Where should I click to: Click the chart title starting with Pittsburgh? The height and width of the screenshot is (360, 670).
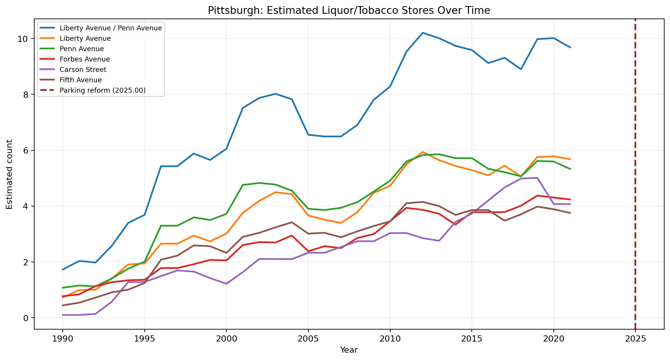coord(349,10)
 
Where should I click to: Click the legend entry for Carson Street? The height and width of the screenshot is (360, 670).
coord(83,70)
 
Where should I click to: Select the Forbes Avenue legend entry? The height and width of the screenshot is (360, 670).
coord(85,59)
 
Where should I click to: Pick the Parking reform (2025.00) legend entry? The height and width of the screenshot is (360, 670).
coord(102,90)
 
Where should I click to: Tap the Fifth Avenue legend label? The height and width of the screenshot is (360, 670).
coord(80,80)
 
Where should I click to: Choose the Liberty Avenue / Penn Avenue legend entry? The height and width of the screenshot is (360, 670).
coord(111,28)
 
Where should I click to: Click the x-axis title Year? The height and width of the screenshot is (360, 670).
coord(349,350)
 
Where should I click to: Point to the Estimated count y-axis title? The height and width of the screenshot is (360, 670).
coord(10,174)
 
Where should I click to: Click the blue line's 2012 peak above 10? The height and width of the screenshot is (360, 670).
coord(423,33)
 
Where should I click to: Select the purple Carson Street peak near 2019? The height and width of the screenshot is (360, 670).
coord(537,178)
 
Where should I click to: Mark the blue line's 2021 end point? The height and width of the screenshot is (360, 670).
coord(570,47)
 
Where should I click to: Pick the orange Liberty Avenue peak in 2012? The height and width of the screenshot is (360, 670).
coord(423,152)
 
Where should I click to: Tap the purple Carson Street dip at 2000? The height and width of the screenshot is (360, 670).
coord(226,284)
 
